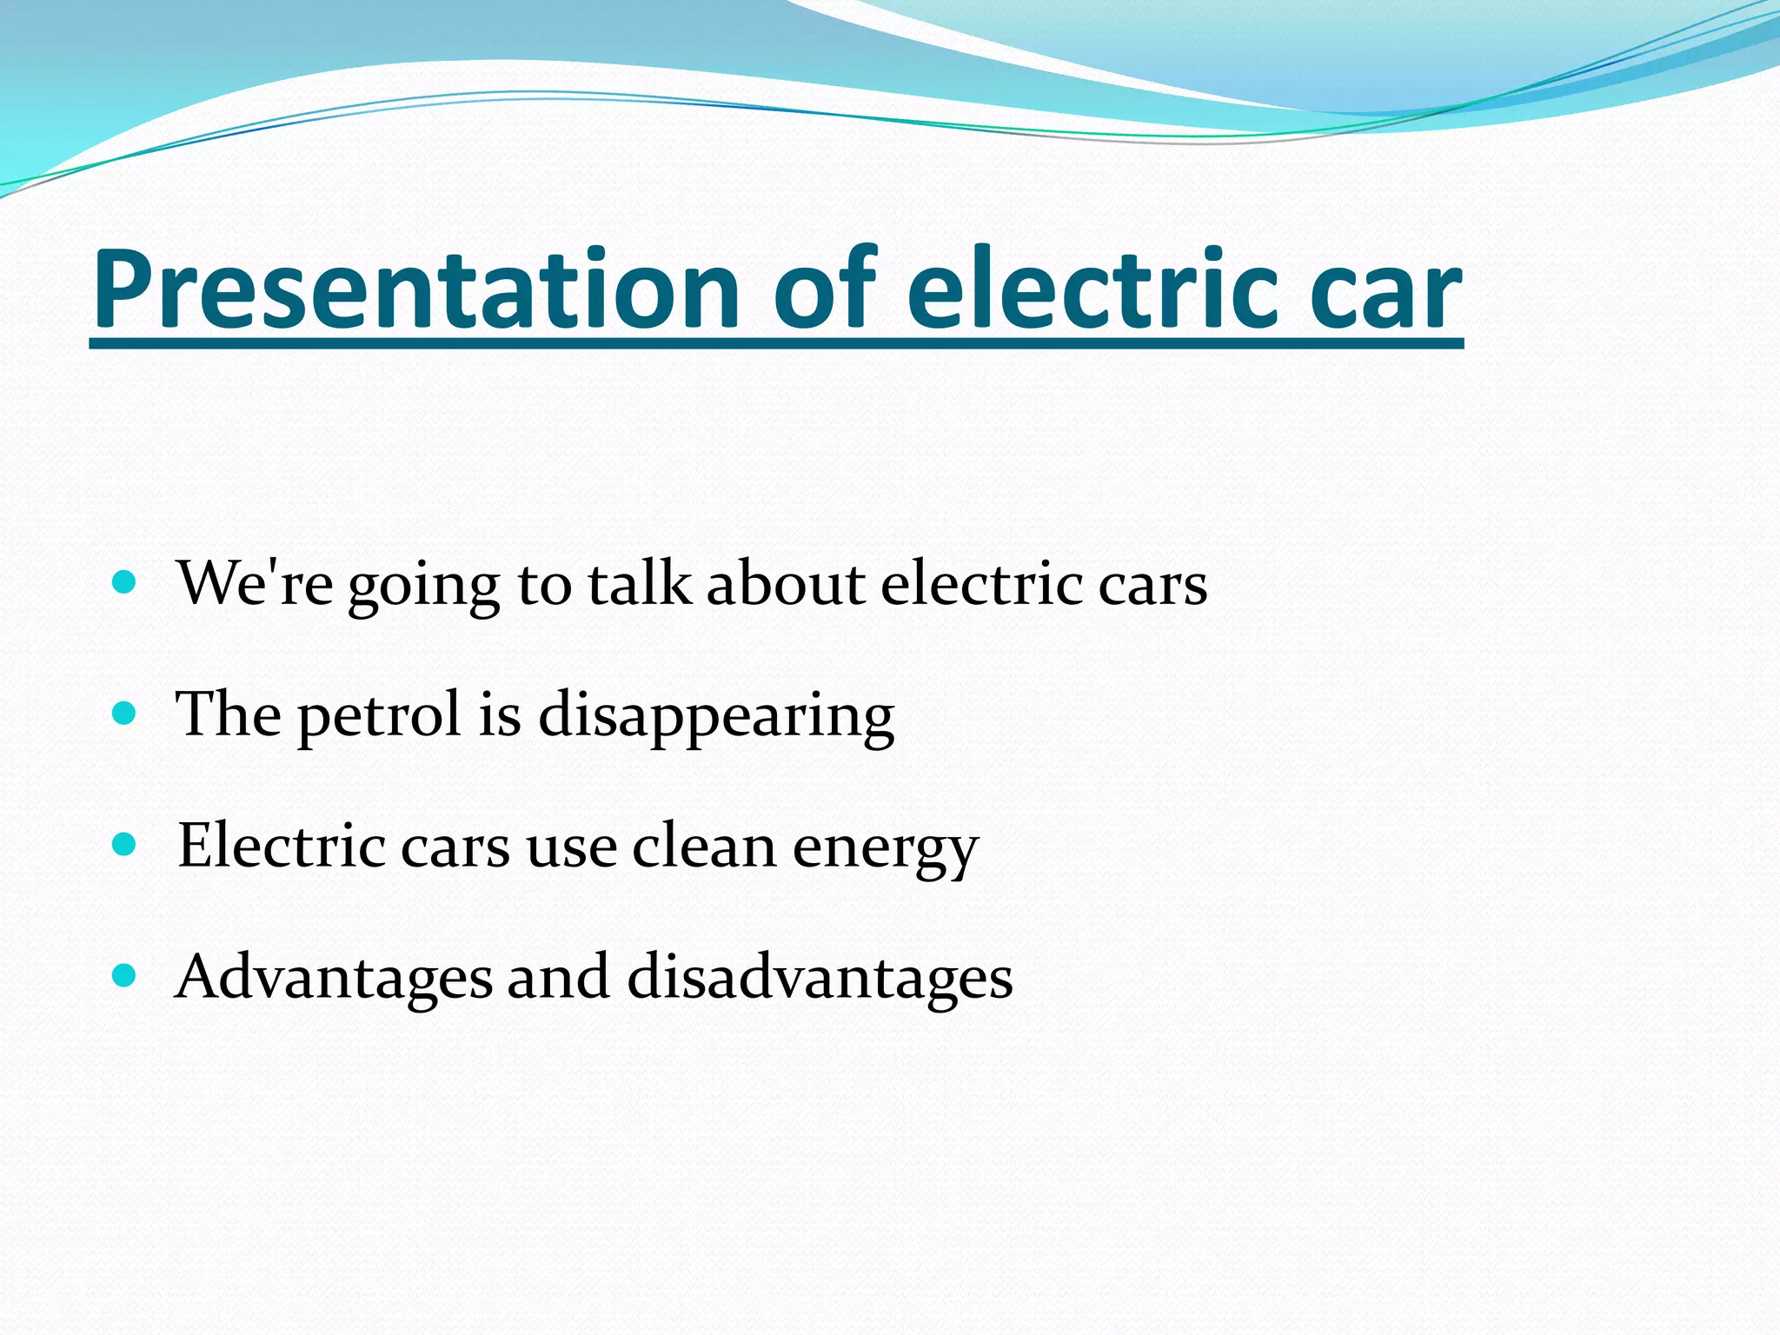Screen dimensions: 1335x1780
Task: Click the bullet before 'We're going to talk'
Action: tap(125, 581)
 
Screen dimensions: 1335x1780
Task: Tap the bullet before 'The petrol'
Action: tap(125, 714)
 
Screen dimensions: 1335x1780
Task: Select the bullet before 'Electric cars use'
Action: tap(125, 844)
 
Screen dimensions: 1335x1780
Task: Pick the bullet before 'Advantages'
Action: tap(125, 975)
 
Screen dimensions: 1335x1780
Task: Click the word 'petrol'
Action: tap(379, 715)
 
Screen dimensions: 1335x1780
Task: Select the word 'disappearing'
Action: tap(716, 715)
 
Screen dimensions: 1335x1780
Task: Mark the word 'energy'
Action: tap(885, 847)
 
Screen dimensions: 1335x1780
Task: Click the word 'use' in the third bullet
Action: tap(571, 846)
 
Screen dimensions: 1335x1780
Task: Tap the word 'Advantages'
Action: tap(334, 977)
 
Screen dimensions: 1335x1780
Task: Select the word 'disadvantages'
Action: tap(820, 977)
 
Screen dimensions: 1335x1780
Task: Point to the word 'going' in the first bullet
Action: tap(424, 584)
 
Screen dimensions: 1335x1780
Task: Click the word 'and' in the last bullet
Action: tap(558, 977)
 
